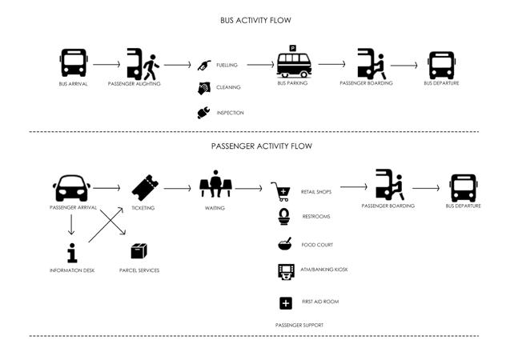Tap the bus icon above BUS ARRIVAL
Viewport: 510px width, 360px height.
click(74, 62)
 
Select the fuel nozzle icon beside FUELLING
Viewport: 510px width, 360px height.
click(205, 64)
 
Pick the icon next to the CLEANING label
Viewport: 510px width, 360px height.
click(204, 88)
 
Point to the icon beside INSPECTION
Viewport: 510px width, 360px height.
click(204, 113)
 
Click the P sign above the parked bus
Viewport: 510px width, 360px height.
click(293, 49)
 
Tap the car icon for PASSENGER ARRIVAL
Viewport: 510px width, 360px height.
click(72, 189)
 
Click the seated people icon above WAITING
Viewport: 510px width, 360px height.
click(215, 186)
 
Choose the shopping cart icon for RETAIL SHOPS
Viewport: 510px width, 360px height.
click(283, 191)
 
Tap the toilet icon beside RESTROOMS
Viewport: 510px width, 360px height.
click(283, 217)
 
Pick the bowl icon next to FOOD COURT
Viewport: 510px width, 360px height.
click(284, 244)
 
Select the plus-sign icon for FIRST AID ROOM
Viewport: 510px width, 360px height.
click(285, 302)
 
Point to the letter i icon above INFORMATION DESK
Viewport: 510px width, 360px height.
click(72, 253)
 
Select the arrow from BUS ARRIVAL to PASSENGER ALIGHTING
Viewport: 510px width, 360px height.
click(106, 63)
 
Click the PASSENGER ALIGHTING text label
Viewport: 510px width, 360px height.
click(135, 83)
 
